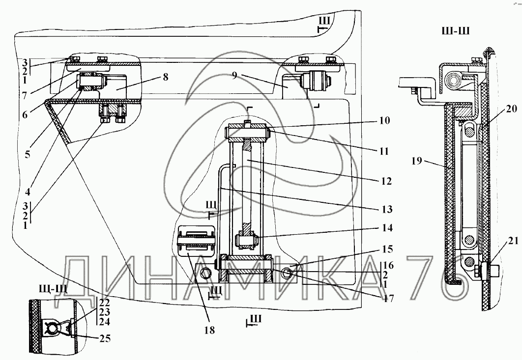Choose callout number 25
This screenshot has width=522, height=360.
[104, 338]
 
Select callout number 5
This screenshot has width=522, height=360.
[27, 154]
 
